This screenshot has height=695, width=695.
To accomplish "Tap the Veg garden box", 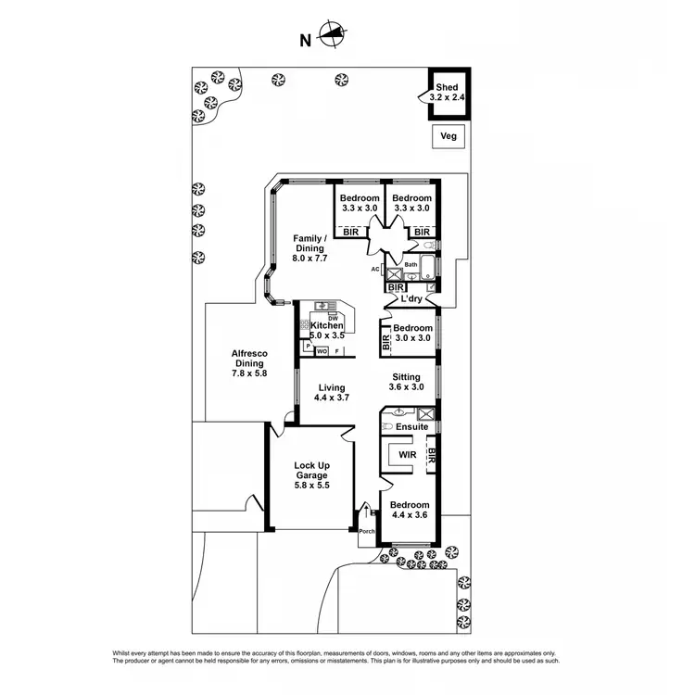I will coord(449,136).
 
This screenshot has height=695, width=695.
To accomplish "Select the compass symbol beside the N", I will coord(332,37).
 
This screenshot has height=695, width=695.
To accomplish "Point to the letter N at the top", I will coord(304,40).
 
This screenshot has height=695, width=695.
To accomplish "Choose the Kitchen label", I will coord(327,326).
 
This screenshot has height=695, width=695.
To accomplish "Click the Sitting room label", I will coord(406,377).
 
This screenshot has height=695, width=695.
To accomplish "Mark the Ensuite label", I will coord(411,427).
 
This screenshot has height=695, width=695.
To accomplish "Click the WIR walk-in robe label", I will coord(405,456).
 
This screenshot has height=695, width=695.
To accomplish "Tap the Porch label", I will coord(367,532).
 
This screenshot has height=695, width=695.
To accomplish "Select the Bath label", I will coord(411,265).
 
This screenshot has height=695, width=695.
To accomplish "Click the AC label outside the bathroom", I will coord(375,270).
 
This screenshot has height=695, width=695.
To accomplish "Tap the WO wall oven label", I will coord(322,351).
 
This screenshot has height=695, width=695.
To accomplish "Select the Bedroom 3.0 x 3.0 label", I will coord(412,333).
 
